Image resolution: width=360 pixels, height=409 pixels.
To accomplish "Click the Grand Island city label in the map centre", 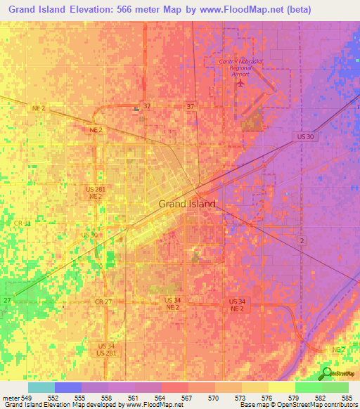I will (187, 204).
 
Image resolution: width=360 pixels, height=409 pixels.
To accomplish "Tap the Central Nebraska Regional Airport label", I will (240, 67).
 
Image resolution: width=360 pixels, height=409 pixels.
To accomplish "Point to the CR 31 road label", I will (22, 223).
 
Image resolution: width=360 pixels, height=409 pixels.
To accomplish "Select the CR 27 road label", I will (103, 301).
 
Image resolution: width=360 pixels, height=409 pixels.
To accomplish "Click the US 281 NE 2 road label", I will (95, 193).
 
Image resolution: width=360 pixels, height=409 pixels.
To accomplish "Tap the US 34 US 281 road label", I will (107, 349).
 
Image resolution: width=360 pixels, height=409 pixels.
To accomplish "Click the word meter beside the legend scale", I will (13, 397).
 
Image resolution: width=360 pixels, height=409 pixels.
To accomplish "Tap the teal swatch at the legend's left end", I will (41, 387).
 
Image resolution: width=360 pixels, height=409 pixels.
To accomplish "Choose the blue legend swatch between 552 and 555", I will (68, 387).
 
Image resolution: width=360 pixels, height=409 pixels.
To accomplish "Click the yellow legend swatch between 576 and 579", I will (282, 387).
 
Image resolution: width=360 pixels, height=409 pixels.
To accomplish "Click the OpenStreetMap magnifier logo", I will (326, 373).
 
